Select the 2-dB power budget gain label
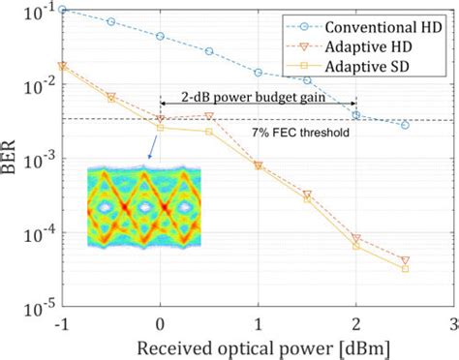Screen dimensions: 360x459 pyautogui.click(x=258, y=97)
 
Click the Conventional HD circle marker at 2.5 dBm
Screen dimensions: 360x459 pyautogui.click(x=405, y=125)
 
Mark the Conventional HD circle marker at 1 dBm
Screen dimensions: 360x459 pyautogui.click(x=259, y=73)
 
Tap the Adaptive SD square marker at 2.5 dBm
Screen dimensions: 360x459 pyautogui.click(x=405, y=268)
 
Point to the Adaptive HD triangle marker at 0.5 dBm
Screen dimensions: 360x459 pyautogui.click(x=209, y=116)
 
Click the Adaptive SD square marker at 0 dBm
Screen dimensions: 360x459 pyautogui.click(x=161, y=128)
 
